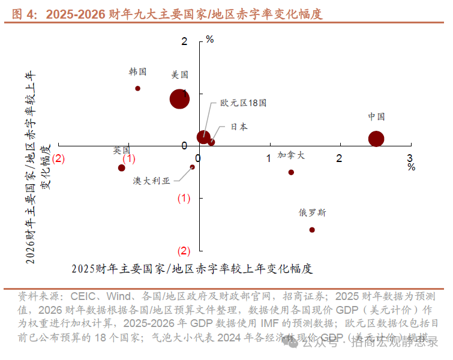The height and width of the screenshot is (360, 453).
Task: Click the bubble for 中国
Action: (376, 139)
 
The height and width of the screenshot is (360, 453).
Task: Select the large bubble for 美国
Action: (179, 99)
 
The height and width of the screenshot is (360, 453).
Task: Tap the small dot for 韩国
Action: (137, 88)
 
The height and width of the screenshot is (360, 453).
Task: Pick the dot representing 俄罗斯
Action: (312, 230)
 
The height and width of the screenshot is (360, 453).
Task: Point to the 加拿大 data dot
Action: (291, 172)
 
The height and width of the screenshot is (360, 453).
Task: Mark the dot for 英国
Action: (122, 167)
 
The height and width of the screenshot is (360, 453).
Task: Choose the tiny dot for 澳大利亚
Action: (192, 167)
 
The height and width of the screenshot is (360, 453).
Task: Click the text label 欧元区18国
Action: (243, 103)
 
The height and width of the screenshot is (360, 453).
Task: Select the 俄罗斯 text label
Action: (313, 212)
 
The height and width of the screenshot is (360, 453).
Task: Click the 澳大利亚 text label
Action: (152, 181)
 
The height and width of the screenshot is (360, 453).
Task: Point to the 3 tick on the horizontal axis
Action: (410, 157)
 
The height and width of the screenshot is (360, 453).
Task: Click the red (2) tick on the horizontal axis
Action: (58, 158)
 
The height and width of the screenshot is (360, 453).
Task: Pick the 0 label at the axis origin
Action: (184, 146)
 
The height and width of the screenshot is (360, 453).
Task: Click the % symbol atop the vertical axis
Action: (210, 40)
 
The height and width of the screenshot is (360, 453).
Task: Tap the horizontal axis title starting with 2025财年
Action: (192, 268)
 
